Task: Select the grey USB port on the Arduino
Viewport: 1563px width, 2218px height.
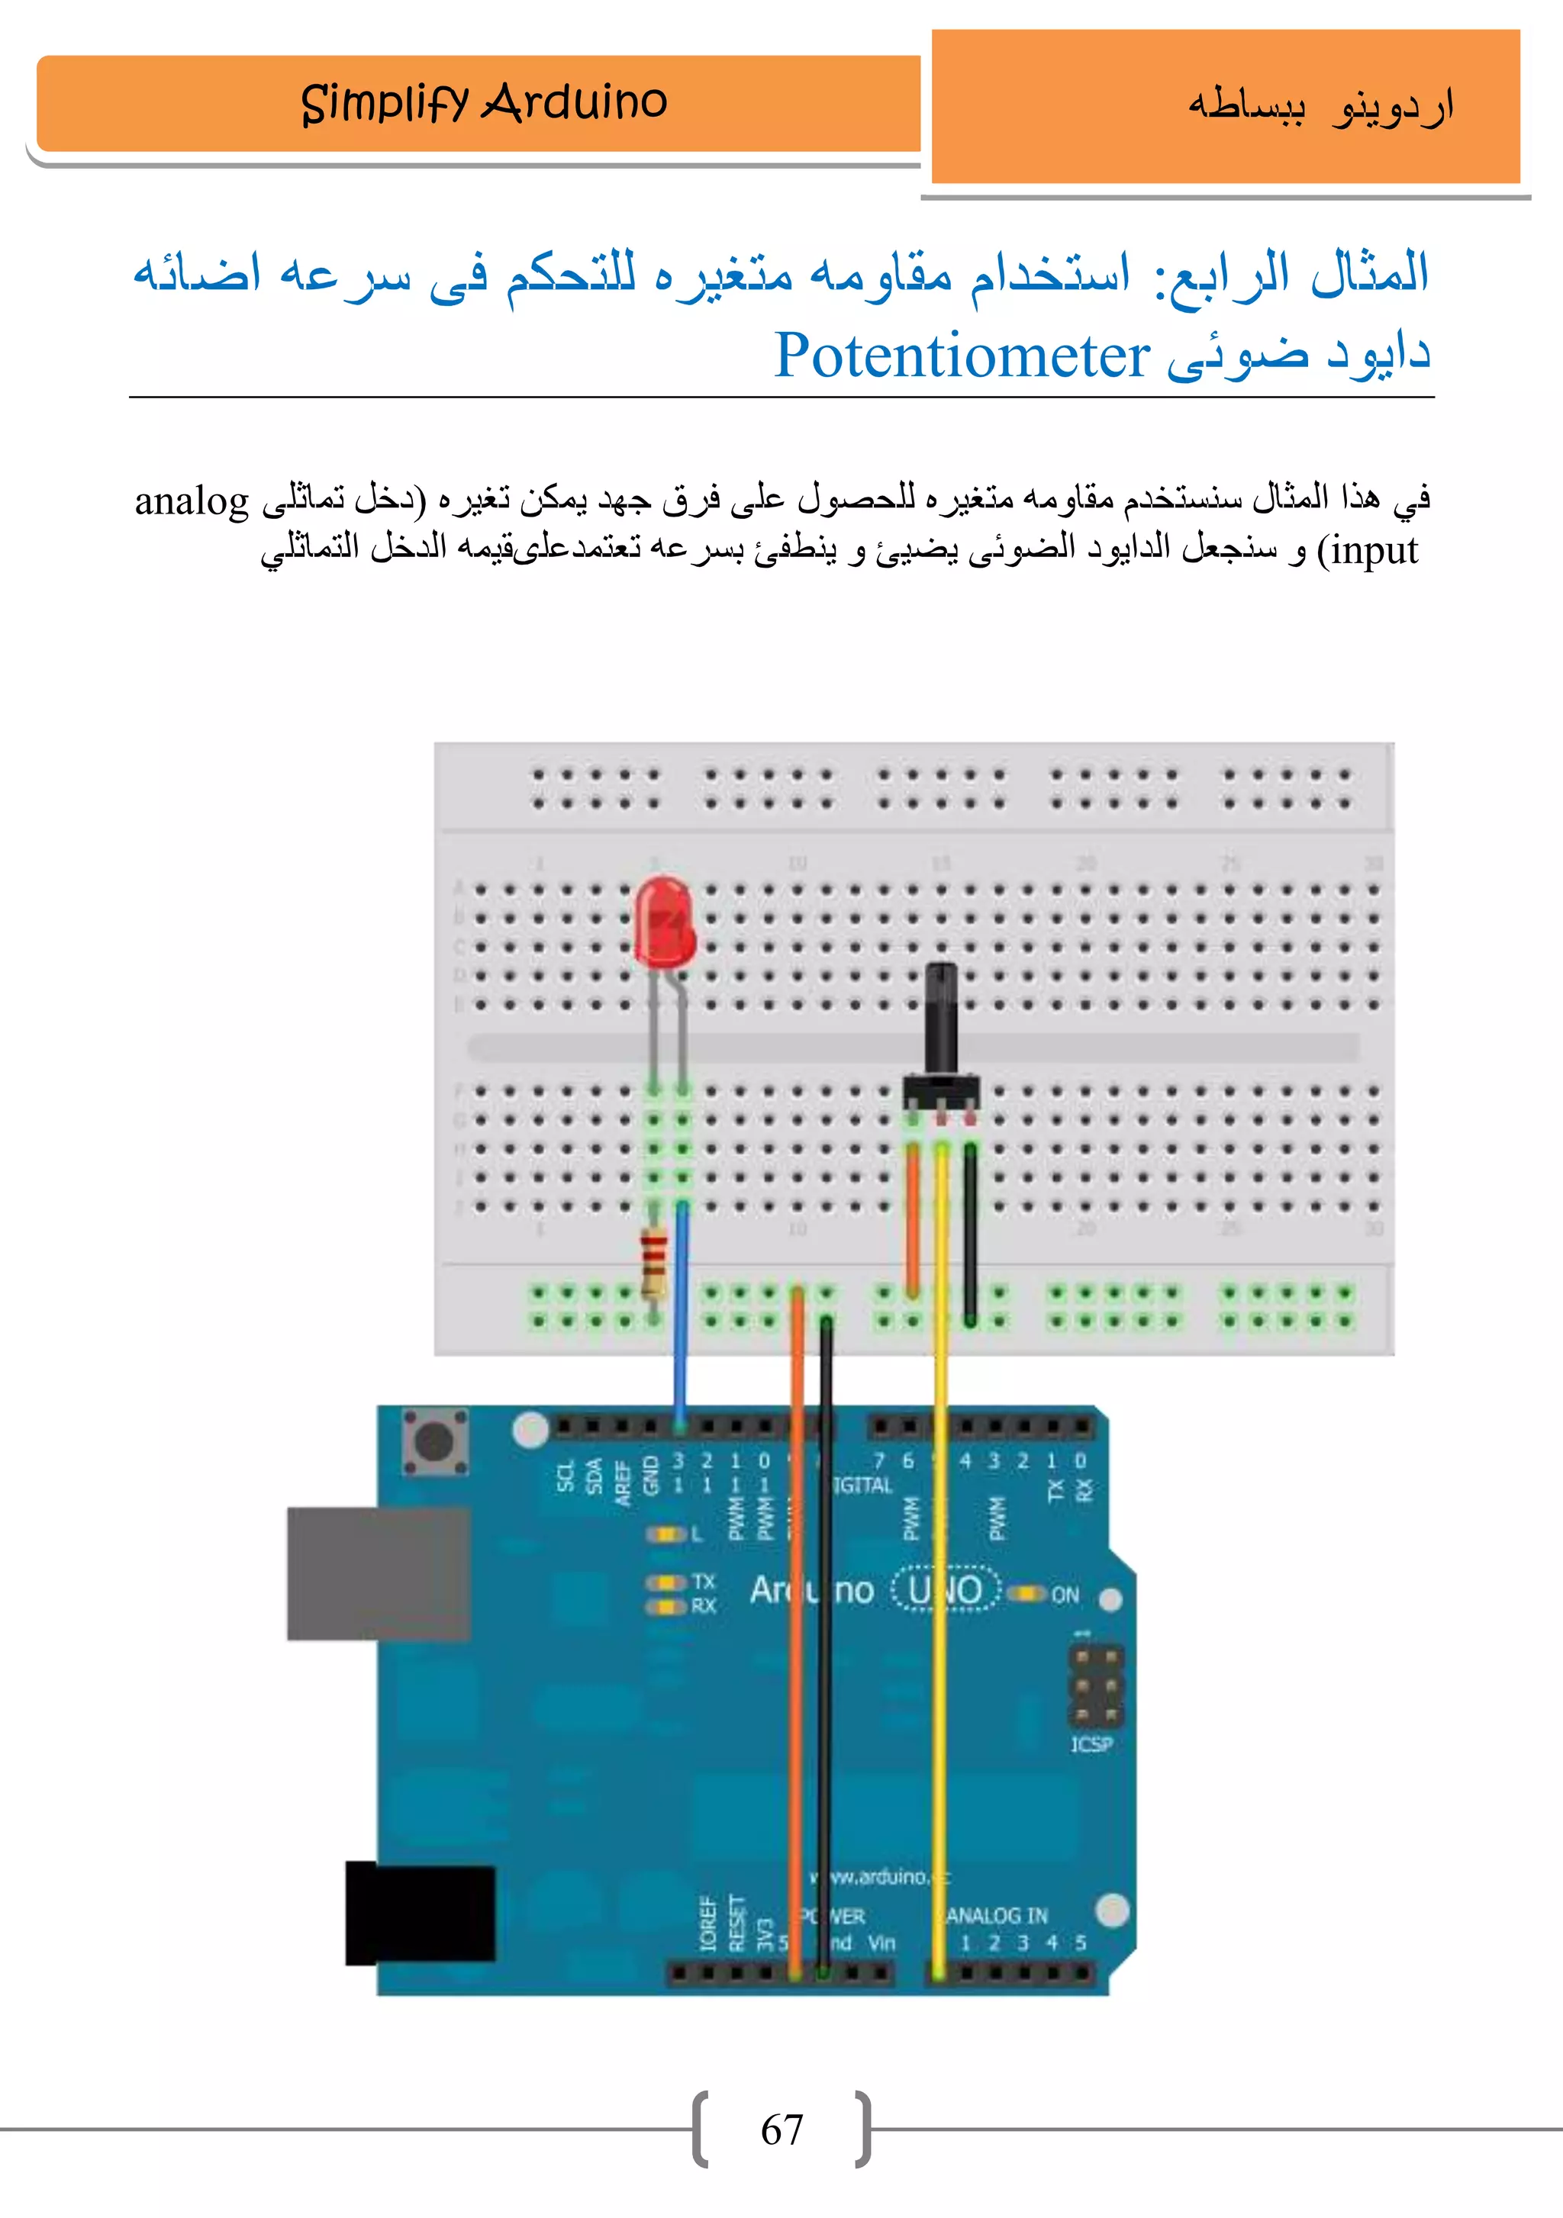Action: pyautogui.click(x=379, y=1573)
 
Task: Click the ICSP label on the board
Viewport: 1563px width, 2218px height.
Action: pyautogui.click(x=1091, y=1743)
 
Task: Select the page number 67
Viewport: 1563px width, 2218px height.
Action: pyautogui.click(x=781, y=2130)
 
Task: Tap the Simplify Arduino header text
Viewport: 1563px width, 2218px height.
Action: pyautogui.click(x=484, y=102)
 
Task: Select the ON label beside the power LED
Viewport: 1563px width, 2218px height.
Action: pyautogui.click(x=1065, y=1595)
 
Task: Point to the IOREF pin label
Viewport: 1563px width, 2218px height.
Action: pyautogui.click(x=708, y=1924)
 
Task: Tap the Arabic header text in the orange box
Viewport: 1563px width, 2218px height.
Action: pyautogui.click(x=1320, y=106)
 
